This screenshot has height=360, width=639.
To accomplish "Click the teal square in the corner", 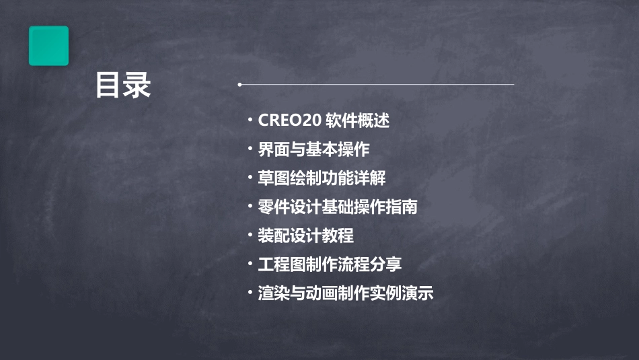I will point(48,46).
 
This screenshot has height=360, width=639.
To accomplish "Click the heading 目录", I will point(122,85).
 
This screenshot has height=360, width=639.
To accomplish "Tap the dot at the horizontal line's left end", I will point(239,85).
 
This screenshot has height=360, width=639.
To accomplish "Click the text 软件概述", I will point(358,121).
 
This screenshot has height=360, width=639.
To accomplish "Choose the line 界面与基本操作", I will point(313,149).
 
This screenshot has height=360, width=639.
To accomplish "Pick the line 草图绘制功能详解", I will point(322,178).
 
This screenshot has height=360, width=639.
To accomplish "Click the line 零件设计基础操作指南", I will point(338,207).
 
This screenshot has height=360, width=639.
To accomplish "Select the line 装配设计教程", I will point(305,236).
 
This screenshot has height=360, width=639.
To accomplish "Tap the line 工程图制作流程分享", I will point(330,264).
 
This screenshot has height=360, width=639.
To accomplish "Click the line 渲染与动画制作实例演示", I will point(346,293).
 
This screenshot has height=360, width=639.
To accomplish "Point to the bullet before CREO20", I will point(250,121).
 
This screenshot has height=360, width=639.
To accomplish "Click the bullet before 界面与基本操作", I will point(250,149).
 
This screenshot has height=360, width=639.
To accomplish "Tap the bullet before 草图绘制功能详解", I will point(250,178).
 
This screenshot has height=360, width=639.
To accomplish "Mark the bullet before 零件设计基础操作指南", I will point(250,207).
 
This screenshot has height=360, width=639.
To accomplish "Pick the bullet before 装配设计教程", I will point(250,236).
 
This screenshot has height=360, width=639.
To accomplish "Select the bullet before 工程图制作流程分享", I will point(250,264).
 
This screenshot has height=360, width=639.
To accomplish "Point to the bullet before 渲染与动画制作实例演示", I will point(250,293).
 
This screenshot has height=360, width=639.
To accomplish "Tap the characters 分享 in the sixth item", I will point(386,264).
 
